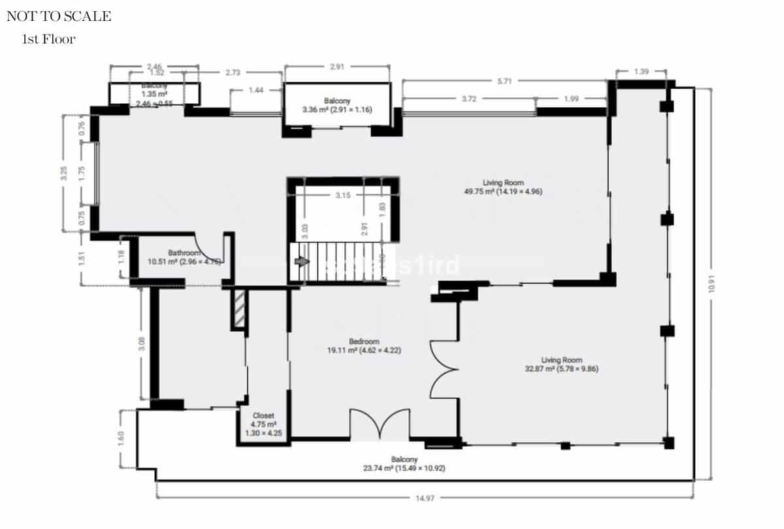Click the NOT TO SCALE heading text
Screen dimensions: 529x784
(x=59, y=17)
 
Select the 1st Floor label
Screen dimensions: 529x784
(x=49, y=39)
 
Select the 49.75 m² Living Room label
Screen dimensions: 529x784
(x=503, y=187)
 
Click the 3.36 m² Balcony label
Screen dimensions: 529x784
(x=337, y=105)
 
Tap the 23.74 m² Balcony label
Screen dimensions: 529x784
(x=404, y=464)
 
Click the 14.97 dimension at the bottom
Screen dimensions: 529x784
(x=425, y=498)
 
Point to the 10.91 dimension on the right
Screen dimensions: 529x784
(x=712, y=285)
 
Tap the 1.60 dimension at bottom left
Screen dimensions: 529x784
(x=122, y=438)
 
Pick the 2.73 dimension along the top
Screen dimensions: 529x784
(x=233, y=73)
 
